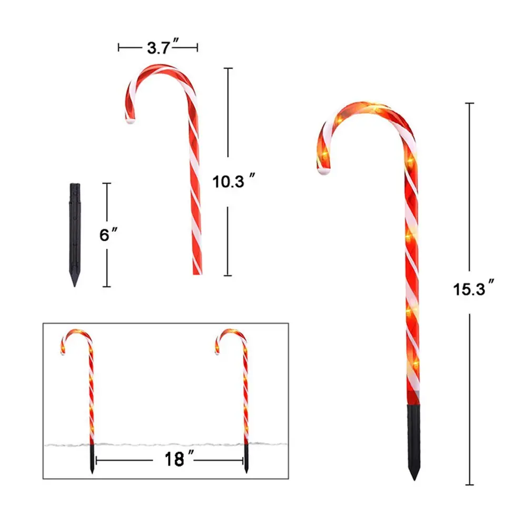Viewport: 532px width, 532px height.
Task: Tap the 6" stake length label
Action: pyautogui.click(x=107, y=235)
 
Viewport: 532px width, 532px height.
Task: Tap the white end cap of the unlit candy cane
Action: pyautogui.click(x=130, y=121)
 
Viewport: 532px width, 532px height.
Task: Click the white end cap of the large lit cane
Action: pyautogui.click(x=323, y=171)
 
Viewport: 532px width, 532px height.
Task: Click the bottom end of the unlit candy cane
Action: pyautogui.click(x=196, y=271)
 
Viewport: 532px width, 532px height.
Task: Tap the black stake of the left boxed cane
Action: pyautogui.click(x=92, y=458)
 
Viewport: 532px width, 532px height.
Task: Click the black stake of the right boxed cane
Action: pyautogui.click(x=246, y=458)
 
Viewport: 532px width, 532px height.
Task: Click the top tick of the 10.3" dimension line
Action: pyautogui.click(x=228, y=68)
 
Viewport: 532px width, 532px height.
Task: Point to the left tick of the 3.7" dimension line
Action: pyautogui.click(x=119, y=48)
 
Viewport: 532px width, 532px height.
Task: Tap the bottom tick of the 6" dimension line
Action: pyautogui.click(x=107, y=287)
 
